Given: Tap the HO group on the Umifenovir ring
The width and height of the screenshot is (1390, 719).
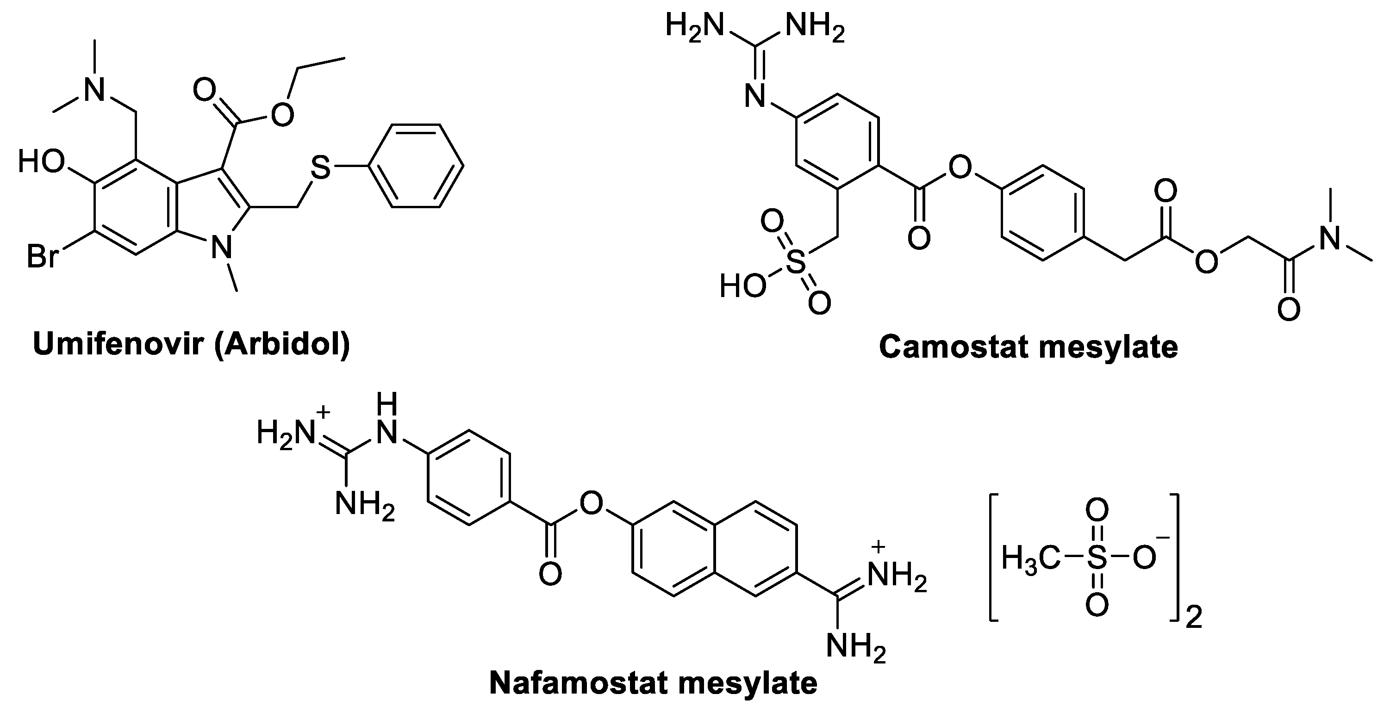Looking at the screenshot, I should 42,162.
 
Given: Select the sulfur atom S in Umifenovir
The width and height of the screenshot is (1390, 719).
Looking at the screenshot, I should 320,168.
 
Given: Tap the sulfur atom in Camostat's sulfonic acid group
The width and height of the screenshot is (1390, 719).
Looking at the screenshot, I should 795,264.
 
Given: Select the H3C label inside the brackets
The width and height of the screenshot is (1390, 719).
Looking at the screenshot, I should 1026,558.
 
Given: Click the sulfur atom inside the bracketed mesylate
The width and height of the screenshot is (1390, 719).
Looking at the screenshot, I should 1097,558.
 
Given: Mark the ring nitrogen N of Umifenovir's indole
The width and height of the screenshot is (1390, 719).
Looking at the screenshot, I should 221,248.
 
